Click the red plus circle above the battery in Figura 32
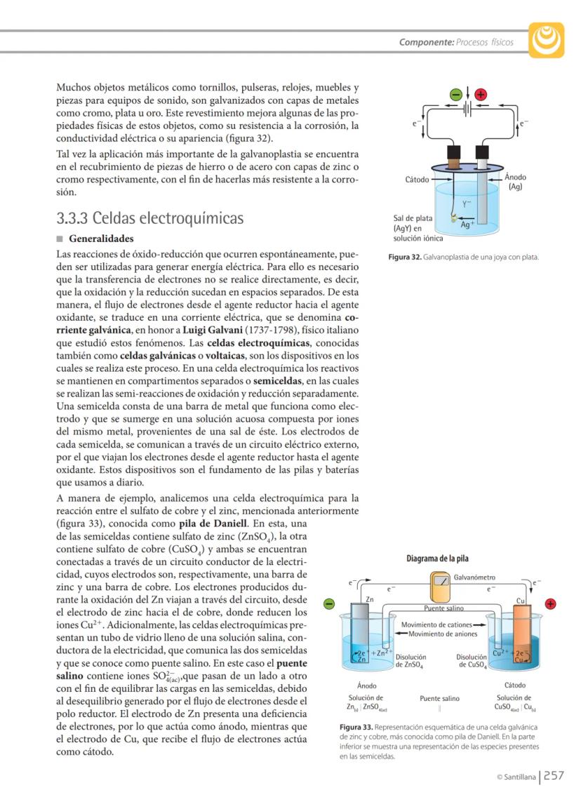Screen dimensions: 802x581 point(481,95)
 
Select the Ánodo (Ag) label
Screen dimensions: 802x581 point(516,182)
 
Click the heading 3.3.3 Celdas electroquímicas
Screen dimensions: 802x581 point(150,218)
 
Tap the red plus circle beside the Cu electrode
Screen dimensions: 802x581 point(551,603)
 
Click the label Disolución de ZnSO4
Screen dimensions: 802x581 point(410,660)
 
